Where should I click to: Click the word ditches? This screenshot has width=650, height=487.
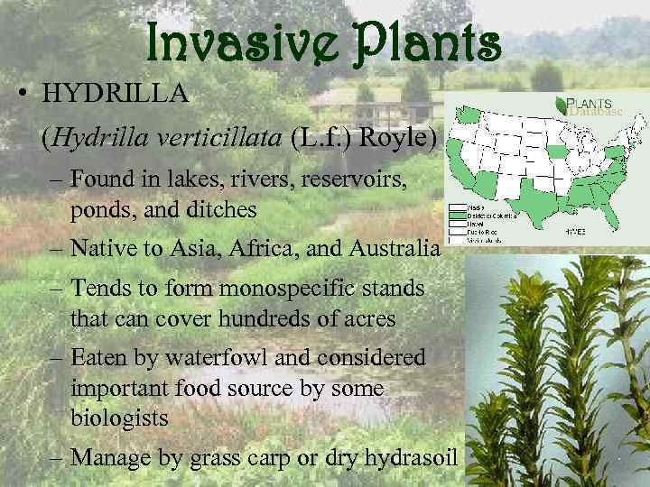coord(218,210)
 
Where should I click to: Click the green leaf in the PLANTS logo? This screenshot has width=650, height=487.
coord(562,104)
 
